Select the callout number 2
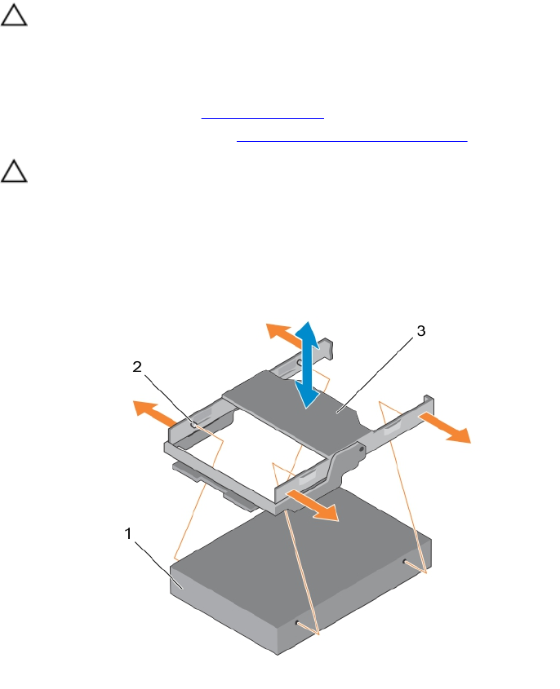tap(137, 366)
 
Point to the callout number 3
tap(420, 332)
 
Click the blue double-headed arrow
tap(306, 364)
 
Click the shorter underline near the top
tap(263, 117)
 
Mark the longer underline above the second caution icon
tap(352, 141)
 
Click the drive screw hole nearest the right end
tap(405, 561)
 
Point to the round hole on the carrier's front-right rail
tap(360, 446)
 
